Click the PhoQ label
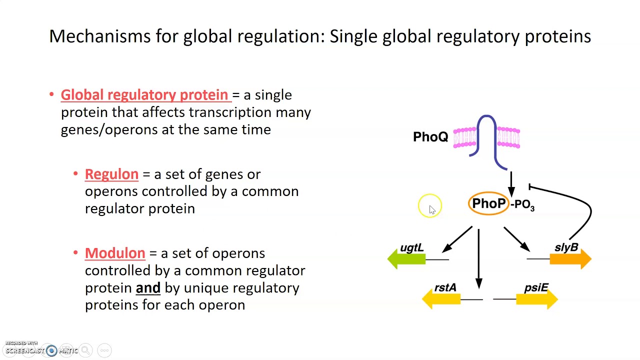pyautogui.click(x=430, y=137)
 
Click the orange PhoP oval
pyautogui.click(x=488, y=203)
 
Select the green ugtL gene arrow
pyautogui.click(x=406, y=258)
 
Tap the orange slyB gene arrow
pyautogui.click(x=570, y=258)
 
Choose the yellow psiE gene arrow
pyautogui.click(x=536, y=299)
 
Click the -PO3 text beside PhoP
pyautogui.click(x=522, y=205)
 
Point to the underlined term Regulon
pyautogui.click(x=111, y=174)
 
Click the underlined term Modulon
pyautogui.click(x=115, y=253)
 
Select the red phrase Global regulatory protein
pyautogui.click(x=144, y=95)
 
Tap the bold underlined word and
pyautogui.click(x=148, y=288)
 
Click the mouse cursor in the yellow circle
pyautogui.click(x=431, y=209)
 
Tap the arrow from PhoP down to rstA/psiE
pyautogui.click(x=479, y=260)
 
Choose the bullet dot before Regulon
pyautogui.click(x=75, y=173)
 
